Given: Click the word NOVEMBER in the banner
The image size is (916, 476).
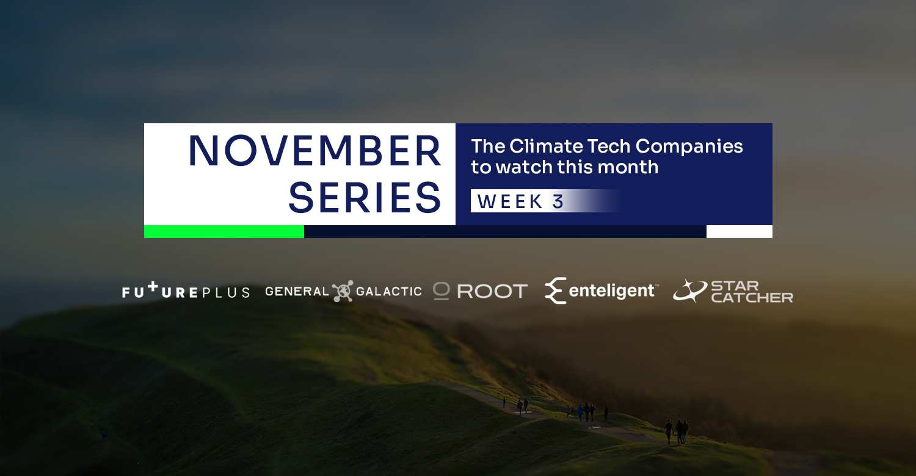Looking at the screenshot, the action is pos(314,151).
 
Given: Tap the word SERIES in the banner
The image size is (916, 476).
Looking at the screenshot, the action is pos(365,198).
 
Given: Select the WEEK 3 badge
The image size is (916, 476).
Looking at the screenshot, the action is pos(546,201).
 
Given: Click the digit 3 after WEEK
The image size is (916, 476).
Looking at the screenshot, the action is pos(558,201).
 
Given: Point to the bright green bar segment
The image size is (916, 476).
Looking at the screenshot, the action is pos(224,232).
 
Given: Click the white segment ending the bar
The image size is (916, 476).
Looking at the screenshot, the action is pos(740,232).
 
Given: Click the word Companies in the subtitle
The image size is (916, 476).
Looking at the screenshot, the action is pos(689,147).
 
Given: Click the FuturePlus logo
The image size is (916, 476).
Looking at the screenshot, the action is pos(186,290).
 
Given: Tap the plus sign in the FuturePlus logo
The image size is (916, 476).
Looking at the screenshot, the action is pos(153,287).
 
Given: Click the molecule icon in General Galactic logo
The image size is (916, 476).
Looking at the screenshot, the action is pos(343,291).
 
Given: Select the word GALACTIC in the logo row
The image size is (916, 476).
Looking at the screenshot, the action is pos(389,291).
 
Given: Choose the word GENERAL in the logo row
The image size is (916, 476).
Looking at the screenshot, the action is pos(297,291).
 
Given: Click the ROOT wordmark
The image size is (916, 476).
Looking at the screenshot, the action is pos(492,291).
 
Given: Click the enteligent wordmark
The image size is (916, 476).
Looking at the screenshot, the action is pos(612,290).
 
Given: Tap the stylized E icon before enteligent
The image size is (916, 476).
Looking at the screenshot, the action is pos(555,290).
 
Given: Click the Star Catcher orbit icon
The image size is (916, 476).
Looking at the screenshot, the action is pos(690,290).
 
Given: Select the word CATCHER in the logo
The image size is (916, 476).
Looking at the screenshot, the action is pos(752,297).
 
